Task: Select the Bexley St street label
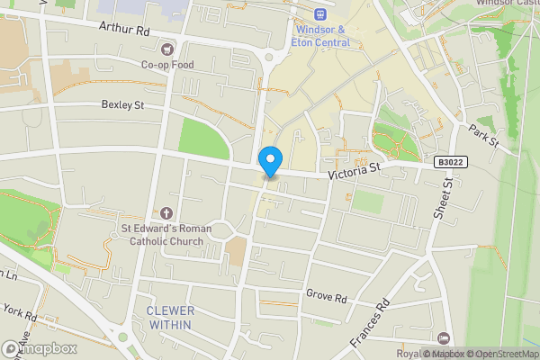pos(122,105)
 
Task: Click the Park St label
pos(483,137)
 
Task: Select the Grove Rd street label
pos(326,294)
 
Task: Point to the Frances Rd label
pos(368,324)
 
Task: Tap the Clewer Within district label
pos(170,317)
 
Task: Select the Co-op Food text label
pos(166,64)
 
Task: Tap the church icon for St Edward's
pos(166,213)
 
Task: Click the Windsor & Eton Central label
pos(322,35)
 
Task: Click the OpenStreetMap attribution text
pos(501,354)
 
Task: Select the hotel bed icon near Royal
pos(443,337)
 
